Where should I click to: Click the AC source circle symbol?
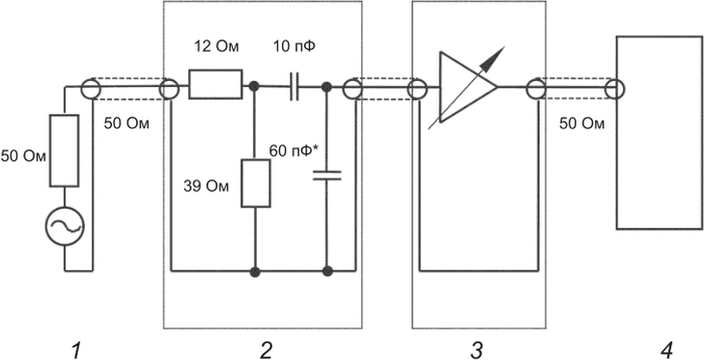pos(65,226)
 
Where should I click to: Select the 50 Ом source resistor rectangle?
pos(65,151)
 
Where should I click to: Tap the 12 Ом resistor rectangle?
pos(215,84)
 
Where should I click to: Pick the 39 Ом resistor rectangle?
pos(256,183)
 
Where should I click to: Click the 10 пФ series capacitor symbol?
pos(295,86)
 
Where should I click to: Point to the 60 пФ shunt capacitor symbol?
pos(327,176)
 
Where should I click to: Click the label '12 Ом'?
pos(215,46)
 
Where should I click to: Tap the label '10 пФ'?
pos(294,46)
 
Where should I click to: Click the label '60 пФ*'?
pos(294,151)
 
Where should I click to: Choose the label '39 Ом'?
pos(206,186)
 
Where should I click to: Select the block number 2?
pos(266,350)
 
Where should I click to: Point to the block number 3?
pos(476,350)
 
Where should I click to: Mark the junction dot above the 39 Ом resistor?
pos(255,86)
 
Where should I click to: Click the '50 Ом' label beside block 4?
pos(581,124)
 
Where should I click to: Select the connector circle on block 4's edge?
pos(614,89)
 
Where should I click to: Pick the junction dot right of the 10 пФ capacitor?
pos(327,86)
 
